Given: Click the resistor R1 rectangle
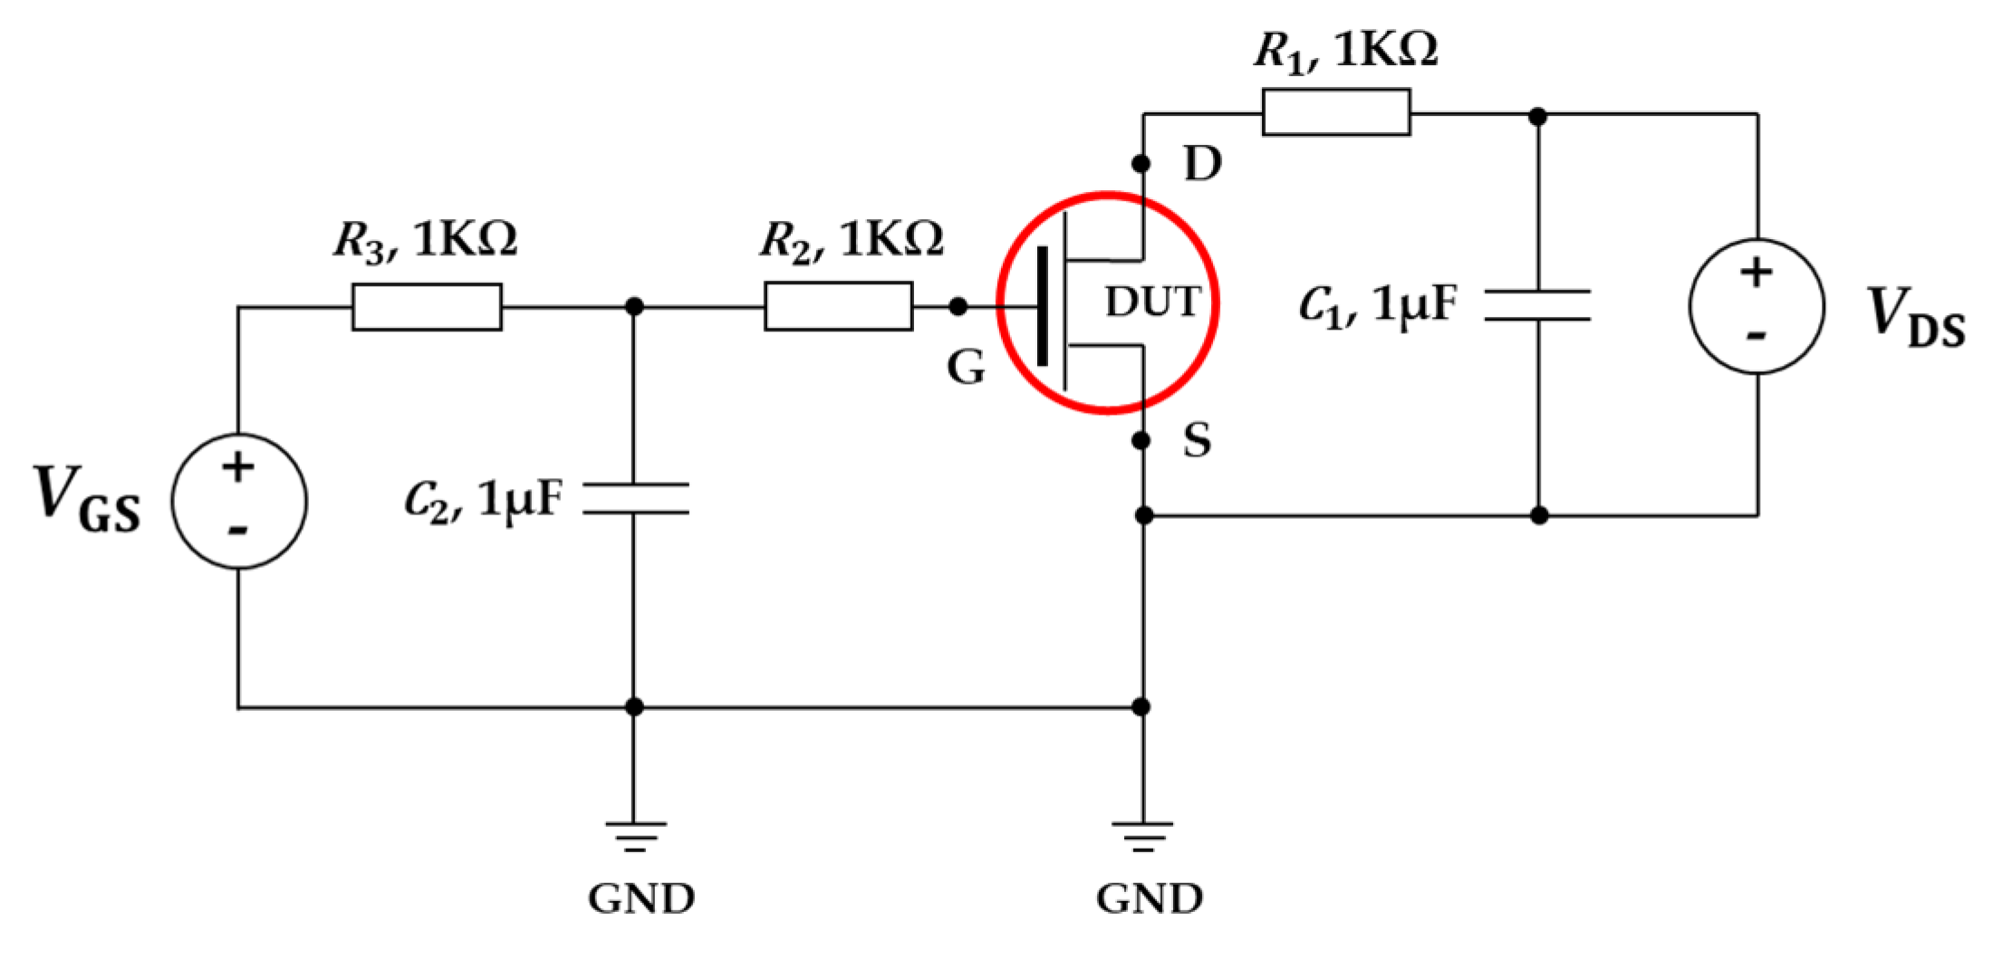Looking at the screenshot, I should pos(1335,112).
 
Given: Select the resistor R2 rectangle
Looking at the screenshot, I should pos(838,306).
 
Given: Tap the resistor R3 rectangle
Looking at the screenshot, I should pos(426,306).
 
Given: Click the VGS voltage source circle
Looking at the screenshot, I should pos(239,501).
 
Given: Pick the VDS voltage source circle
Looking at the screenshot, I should pos(1757,306).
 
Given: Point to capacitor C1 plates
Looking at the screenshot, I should pos(1538,305).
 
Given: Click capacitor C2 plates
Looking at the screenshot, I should pos(635,498).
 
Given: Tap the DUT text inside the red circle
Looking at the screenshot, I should pos(1152,302).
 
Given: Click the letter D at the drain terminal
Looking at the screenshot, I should pos(1203,164).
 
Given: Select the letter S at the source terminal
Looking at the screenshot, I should pos(1197,441).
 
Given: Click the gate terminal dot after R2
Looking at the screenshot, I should pos(958,307).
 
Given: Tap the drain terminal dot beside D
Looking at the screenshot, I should pos(1141,164).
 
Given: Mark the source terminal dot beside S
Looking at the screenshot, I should pos(1141,441).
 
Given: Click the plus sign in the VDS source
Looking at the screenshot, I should pos(1757,272).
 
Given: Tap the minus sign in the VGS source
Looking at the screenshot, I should pos(238,530).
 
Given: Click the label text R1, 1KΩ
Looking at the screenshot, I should pos(1345,50).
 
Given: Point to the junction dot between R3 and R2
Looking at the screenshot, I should pos(635,307).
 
